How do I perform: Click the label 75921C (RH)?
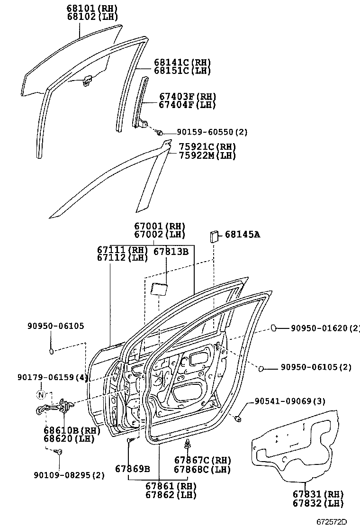[207, 147]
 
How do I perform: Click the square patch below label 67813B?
[159, 289]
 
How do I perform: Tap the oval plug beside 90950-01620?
[274, 327]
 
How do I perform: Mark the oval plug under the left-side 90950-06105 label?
[52, 351]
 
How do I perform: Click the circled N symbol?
[41, 395]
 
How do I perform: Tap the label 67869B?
[132, 469]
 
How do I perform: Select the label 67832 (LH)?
[318, 503]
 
